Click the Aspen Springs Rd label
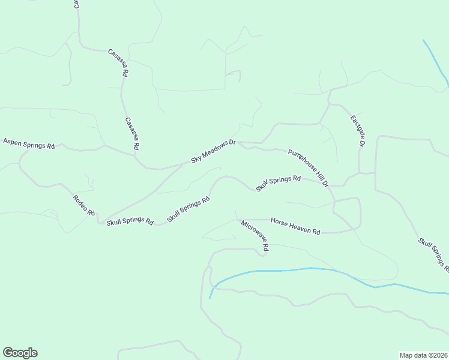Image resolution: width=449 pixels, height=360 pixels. tap(29, 143)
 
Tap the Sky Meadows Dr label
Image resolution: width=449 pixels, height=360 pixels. tap(214, 151)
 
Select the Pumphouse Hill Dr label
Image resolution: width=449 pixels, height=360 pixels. tap(309, 168)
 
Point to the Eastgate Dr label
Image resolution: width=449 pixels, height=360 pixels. tap(358, 131)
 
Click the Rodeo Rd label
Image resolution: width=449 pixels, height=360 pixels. tap(84, 205)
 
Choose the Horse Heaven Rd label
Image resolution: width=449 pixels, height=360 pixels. tap(295, 226)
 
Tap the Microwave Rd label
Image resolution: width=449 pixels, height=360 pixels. tap(255, 235)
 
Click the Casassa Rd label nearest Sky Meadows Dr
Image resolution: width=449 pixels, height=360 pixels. tap(132, 133)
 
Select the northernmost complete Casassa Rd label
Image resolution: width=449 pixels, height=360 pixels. tap(118, 62)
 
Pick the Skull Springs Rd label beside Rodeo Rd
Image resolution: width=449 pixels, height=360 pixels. tap(130, 222)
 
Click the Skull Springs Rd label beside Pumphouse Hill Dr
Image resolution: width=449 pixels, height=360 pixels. tap(278, 183)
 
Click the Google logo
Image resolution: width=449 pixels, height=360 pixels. tap(20, 353)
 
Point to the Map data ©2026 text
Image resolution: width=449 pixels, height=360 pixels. tap(424, 355)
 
